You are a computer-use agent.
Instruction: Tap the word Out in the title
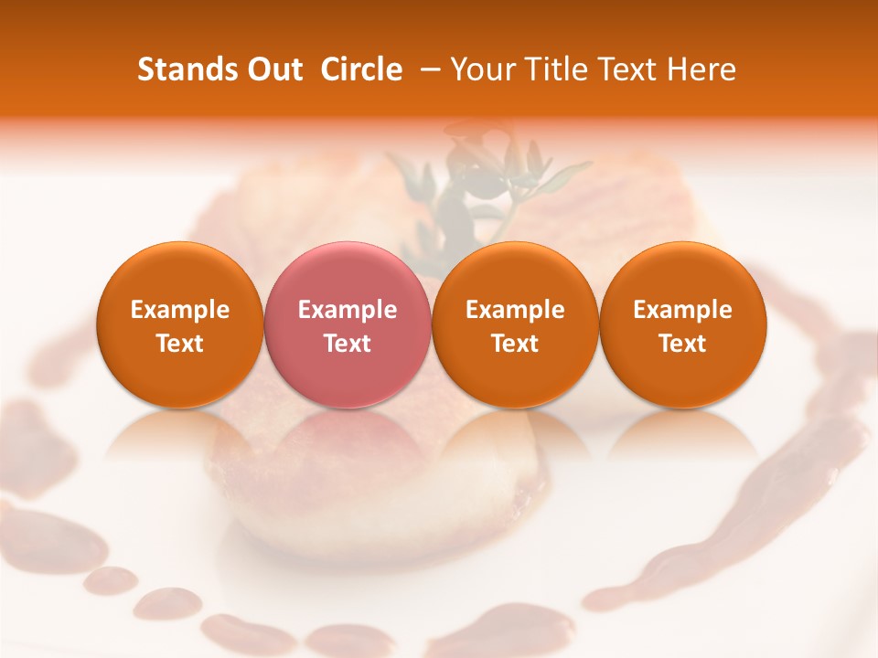[x=275, y=69]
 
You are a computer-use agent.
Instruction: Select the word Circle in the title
[x=361, y=69]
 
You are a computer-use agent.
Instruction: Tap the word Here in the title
[x=700, y=69]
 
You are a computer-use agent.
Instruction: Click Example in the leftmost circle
[x=180, y=310]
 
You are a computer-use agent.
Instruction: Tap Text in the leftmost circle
[x=180, y=344]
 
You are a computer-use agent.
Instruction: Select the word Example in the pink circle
[x=348, y=310]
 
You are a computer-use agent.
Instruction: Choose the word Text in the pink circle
[x=348, y=344]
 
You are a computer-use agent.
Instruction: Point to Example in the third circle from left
[x=515, y=310]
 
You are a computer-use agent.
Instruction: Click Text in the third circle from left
[x=515, y=344]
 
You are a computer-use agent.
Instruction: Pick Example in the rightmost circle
[x=683, y=310]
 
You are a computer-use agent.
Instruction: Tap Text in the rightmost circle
[x=683, y=344]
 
